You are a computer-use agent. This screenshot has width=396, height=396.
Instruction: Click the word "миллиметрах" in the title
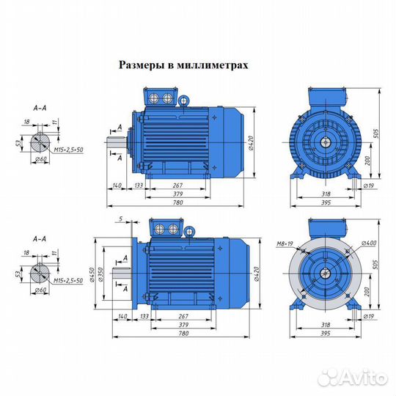[x=216, y=65]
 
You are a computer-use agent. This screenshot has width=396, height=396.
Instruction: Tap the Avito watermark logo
[x=353, y=376]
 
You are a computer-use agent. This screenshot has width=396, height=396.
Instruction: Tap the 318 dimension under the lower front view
[x=323, y=322]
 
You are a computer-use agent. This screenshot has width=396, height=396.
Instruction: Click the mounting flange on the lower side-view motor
[x=133, y=271]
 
